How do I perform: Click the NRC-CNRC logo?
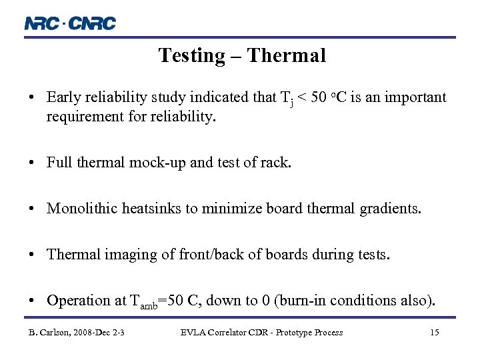point(70,23)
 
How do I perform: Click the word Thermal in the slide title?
point(286,55)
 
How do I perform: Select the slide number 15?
point(434,332)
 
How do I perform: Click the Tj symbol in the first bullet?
point(287,99)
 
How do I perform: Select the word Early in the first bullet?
point(63,97)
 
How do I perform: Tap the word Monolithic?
point(83,209)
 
